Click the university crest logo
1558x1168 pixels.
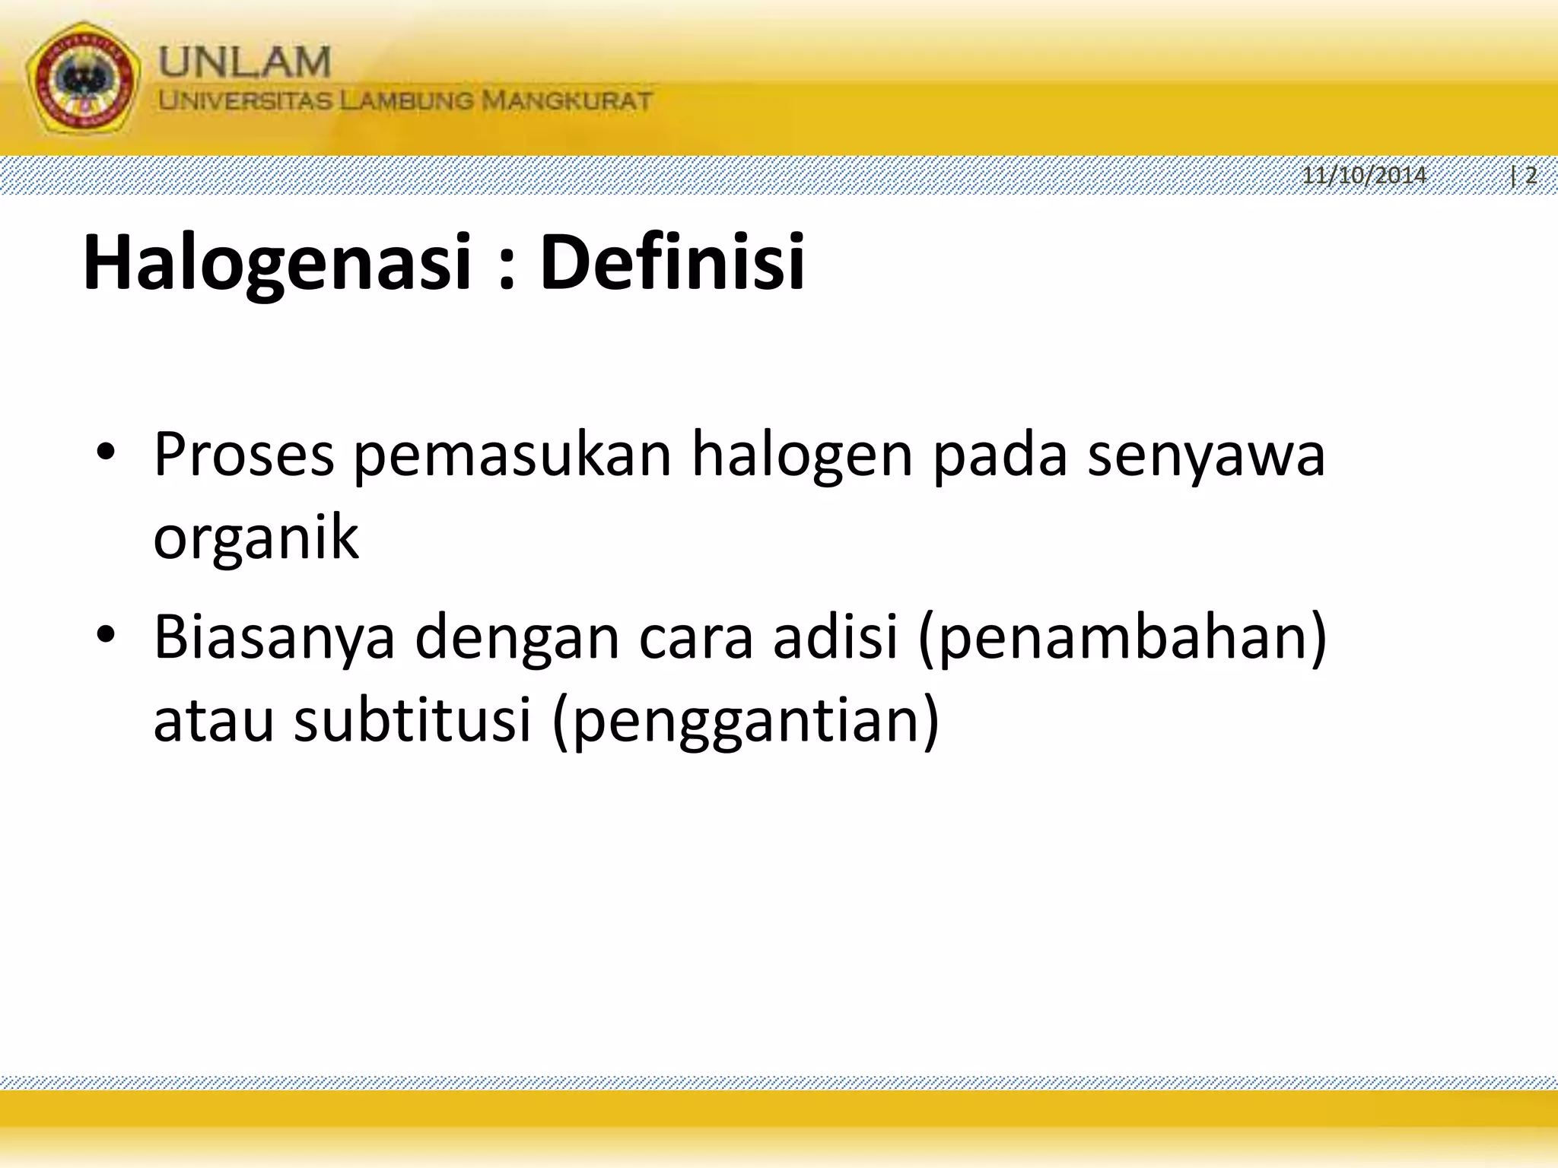84,81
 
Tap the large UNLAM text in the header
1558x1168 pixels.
245,61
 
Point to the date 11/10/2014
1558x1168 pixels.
1364,176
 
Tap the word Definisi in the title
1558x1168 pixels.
672,262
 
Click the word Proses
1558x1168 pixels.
243,455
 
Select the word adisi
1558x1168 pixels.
836,636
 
